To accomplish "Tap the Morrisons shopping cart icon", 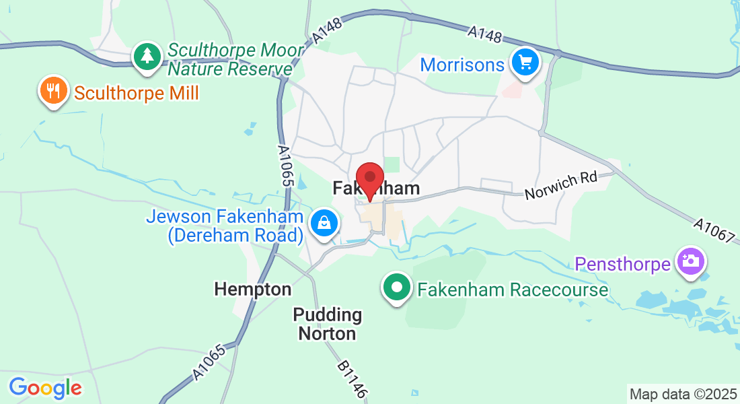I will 525,63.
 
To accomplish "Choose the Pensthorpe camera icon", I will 690,261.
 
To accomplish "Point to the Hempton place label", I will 253,290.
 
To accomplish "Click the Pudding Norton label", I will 328,324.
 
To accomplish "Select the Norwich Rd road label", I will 561,186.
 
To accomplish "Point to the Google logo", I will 45,388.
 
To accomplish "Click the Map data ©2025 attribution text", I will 682,393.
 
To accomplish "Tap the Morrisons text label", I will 462,65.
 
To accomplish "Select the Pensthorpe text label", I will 623,263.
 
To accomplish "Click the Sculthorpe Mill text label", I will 137,93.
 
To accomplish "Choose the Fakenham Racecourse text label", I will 513,290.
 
